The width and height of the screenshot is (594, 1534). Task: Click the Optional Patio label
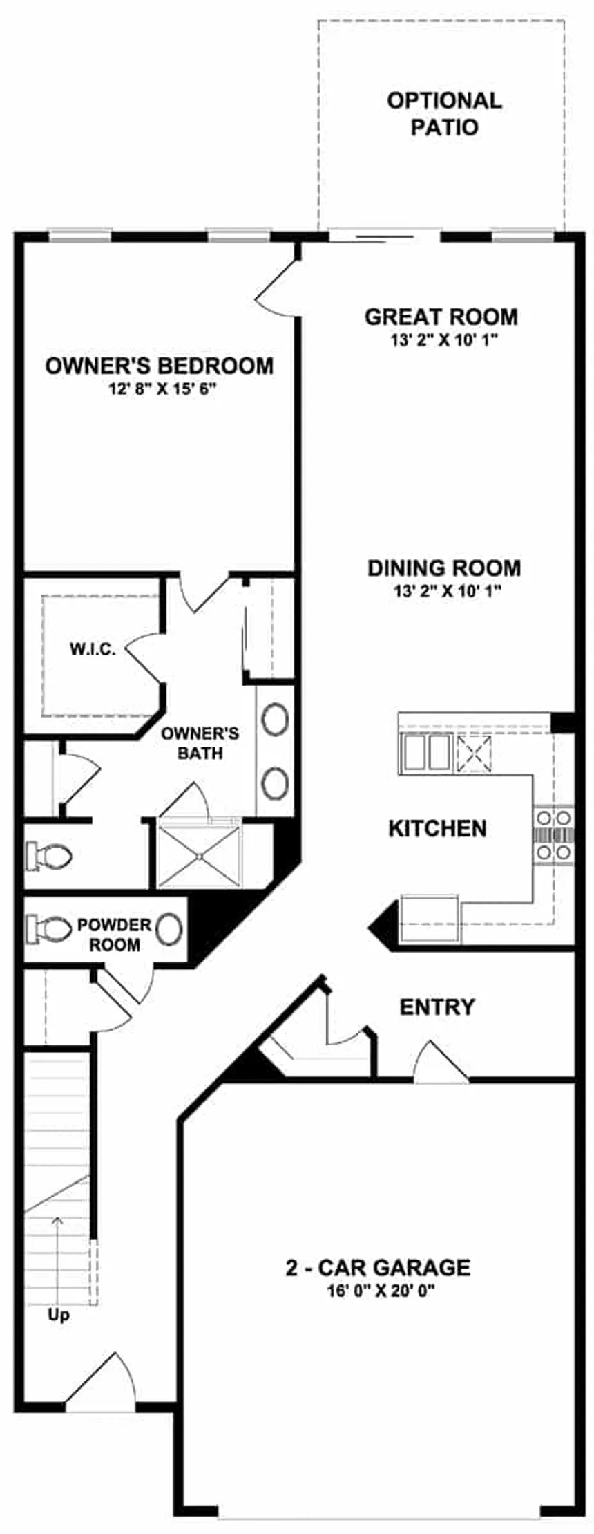click(x=443, y=114)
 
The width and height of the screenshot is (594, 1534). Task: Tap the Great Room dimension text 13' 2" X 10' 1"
click(x=441, y=340)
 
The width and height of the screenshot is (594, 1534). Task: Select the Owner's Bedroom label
click(x=160, y=366)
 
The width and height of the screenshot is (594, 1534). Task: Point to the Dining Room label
click(x=444, y=568)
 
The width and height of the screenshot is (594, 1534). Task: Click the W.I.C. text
click(x=93, y=649)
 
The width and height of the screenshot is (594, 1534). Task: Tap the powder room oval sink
click(x=169, y=929)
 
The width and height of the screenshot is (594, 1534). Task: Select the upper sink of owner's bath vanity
click(x=276, y=720)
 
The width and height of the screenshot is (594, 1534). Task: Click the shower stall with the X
click(x=199, y=856)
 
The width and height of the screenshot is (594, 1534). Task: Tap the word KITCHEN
click(x=437, y=828)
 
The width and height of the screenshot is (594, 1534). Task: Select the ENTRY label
click(x=437, y=1007)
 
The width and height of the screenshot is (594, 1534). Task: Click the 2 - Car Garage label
click(x=378, y=1267)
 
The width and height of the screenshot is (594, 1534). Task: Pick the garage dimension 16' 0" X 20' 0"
click(x=378, y=1290)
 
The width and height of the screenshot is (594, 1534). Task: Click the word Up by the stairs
click(x=59, y=1315)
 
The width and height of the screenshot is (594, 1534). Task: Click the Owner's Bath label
click(x=200, y=742)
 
